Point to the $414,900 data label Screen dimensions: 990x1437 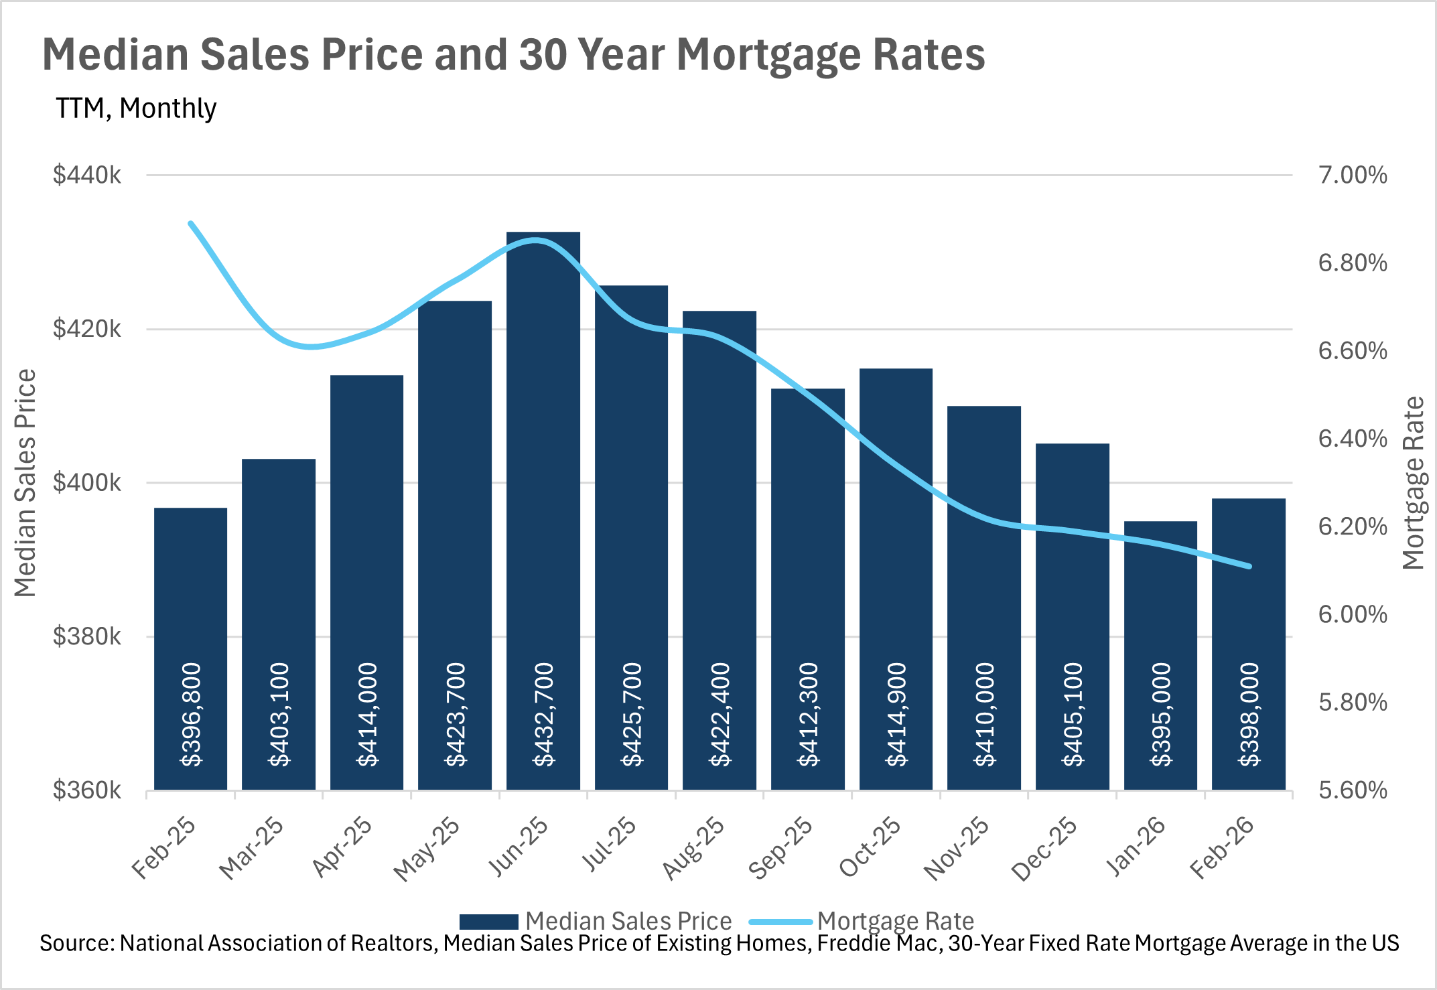896,715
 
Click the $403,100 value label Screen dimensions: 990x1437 279,715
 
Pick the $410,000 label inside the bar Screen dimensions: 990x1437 984,715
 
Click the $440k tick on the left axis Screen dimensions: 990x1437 87,175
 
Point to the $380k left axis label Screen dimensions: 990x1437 87,636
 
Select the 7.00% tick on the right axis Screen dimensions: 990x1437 1352,175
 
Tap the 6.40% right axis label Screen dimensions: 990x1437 1352,439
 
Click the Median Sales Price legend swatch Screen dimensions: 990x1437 488,922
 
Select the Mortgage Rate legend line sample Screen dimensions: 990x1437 780,922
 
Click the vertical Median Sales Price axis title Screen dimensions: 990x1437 25,482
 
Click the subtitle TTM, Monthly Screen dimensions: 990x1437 136,109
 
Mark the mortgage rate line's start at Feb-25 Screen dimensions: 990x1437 191,224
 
